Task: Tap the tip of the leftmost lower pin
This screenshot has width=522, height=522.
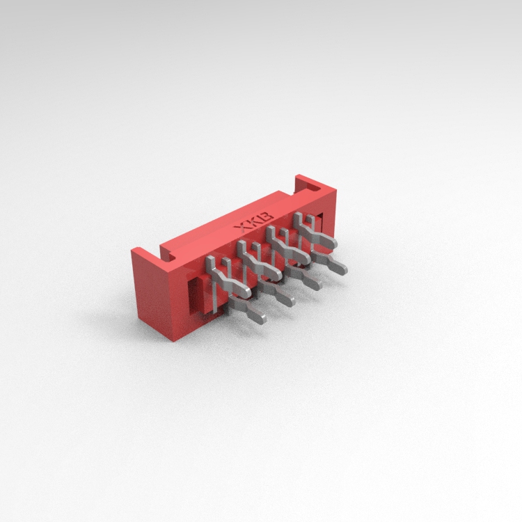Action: tap(262, 319)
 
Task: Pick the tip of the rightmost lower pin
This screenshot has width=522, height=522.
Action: tap(343, 270)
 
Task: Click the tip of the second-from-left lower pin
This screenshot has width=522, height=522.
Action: tap(290, 302)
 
